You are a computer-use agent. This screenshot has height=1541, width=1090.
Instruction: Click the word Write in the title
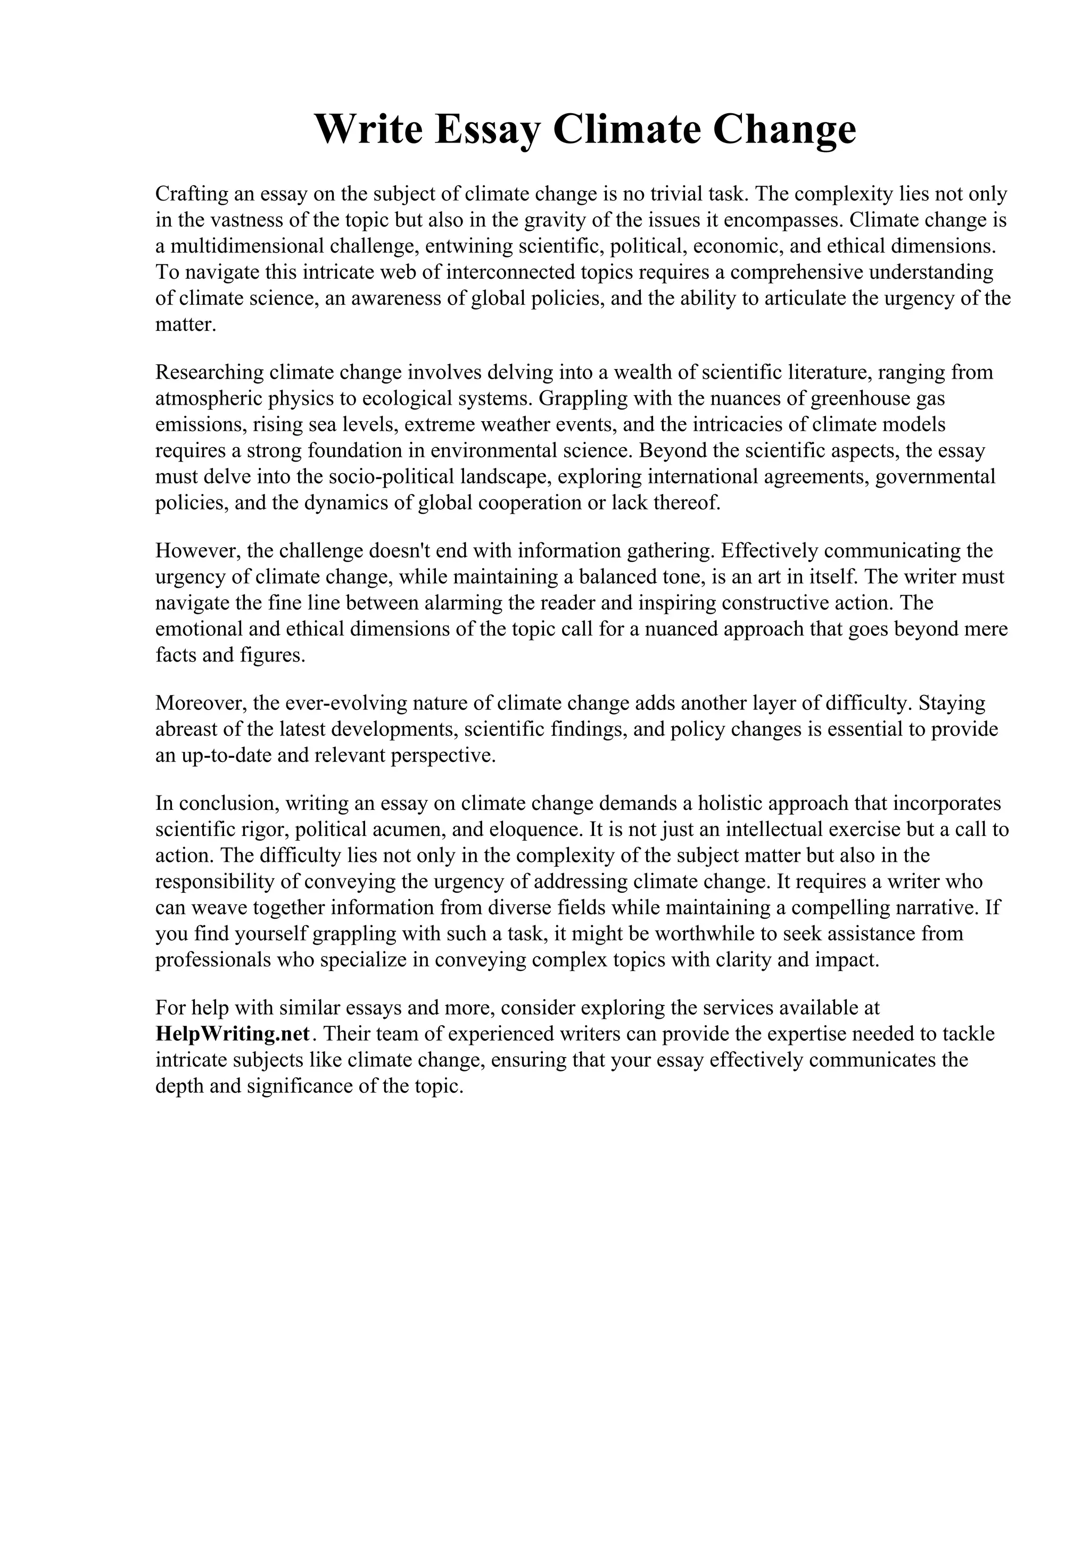(368, 130)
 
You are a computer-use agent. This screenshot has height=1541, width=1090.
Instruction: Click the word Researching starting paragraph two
(210, 373)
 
